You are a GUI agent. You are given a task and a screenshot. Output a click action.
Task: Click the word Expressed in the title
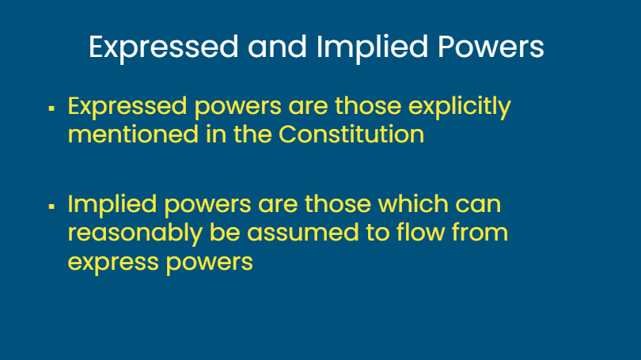(x=164, y=47)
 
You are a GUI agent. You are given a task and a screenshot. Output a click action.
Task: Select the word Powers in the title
(x=491, y=47)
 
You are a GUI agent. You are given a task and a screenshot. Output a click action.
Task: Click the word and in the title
(x=277, y=46)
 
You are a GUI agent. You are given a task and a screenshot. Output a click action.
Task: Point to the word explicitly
(x=460, y=107)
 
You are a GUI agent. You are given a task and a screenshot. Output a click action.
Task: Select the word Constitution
(x=351, y=134)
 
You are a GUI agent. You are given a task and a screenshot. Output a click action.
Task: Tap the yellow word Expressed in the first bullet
(x=127, y=107)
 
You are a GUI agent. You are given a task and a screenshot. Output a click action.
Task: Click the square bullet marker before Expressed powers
(x=51, y=108)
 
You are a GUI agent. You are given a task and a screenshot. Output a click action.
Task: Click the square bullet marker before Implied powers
(x=51, y=207)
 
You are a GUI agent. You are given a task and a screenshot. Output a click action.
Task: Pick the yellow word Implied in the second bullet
(x=112, y=205)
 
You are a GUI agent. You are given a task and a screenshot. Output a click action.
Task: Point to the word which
(x=413, y=203)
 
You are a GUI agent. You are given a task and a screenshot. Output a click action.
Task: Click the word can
(x=478, y=205)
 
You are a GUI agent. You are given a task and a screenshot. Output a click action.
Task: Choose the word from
(x=480, y=232)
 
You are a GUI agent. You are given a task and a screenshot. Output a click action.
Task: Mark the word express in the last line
(x=113, y=263)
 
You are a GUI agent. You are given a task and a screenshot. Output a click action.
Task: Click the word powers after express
(x=209, y=263)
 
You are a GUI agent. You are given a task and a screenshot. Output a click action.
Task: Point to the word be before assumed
(x=225, y=232)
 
